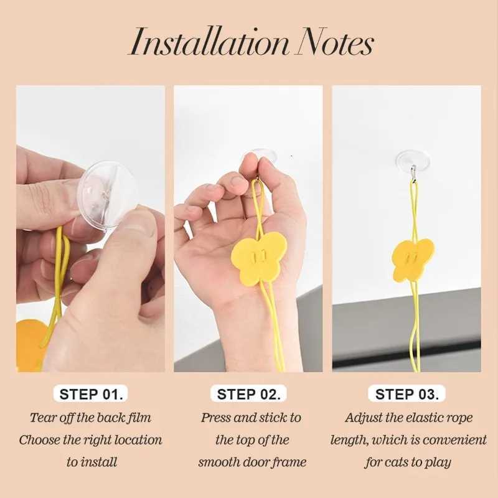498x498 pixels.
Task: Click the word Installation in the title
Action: pyautogui.click(x=210, y=42)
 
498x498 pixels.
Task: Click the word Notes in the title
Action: pyautogui.click(x=335, y=42)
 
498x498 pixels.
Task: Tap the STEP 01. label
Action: pyautogui.click(x=91, y=394)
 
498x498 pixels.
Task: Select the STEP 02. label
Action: pyautogui.click(x=248, y=394)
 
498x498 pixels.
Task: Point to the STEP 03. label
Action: pyautogui.click(x=407, y=394)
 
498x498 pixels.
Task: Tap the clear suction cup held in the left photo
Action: pyautogui.click(x=107, y=194)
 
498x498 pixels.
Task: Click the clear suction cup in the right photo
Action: pyautogui.click(x=413, y=159)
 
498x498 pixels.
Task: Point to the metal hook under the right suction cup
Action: pyautogui.click(x=413, y=174)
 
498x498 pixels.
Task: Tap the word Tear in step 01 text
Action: pyautogui.click(x=39, y=418)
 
